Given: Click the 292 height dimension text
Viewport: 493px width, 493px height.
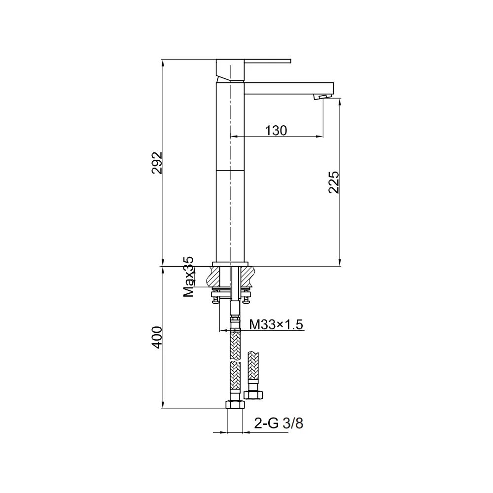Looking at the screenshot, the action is [x=157, y=163].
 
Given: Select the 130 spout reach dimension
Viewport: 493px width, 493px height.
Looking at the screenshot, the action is [x=276, y=130].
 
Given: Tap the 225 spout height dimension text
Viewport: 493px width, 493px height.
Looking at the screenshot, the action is [x=334, y=182].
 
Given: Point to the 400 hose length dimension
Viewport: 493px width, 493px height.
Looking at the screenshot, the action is [x=157, y=337].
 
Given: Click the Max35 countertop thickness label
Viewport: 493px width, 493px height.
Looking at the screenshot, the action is [x=189, y=277].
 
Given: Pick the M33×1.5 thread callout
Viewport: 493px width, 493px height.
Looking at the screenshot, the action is [x=276, y=324].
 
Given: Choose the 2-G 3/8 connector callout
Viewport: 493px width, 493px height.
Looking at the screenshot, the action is [x=279, y=423].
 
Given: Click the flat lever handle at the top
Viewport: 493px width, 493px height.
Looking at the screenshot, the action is [x=268, y=61].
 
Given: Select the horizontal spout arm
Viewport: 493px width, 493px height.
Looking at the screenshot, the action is [x=289, y=88].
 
